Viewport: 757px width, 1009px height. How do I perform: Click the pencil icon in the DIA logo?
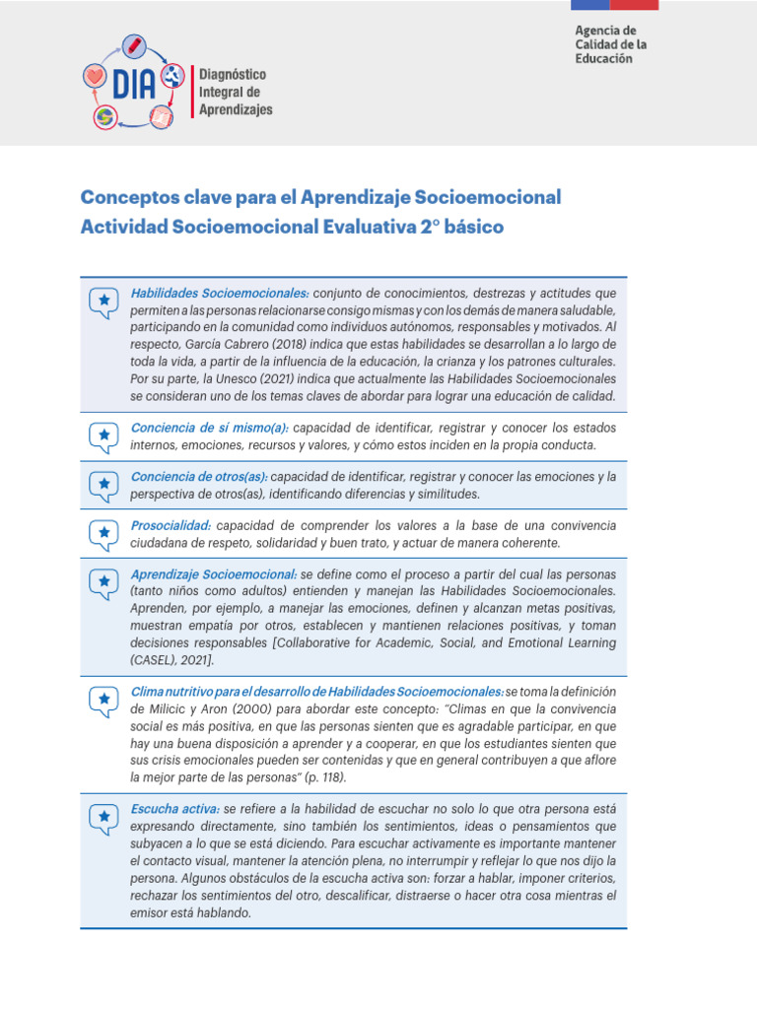click(133, 45)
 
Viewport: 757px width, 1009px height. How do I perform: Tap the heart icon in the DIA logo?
click(95, 75)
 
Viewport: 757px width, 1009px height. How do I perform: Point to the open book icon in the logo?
click(161, 118)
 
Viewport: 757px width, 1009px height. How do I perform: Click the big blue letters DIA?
click(133, 84)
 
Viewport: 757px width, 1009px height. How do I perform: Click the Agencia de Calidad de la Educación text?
click(611, 45)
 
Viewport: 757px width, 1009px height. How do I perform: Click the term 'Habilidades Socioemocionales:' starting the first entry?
click(220, 294)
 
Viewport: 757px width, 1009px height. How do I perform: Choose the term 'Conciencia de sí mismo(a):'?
click(209, 428)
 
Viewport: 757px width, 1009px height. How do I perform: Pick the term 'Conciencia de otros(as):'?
click(199, 477)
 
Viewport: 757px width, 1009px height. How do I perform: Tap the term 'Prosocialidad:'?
click(171, 525)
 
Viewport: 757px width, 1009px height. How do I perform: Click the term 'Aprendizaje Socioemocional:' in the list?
click(214, 574)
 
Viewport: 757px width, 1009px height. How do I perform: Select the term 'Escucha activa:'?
click(175, 808)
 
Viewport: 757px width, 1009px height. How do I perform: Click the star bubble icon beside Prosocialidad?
click(103, 533)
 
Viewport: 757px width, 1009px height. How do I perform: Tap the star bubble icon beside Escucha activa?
click(103, 817)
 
